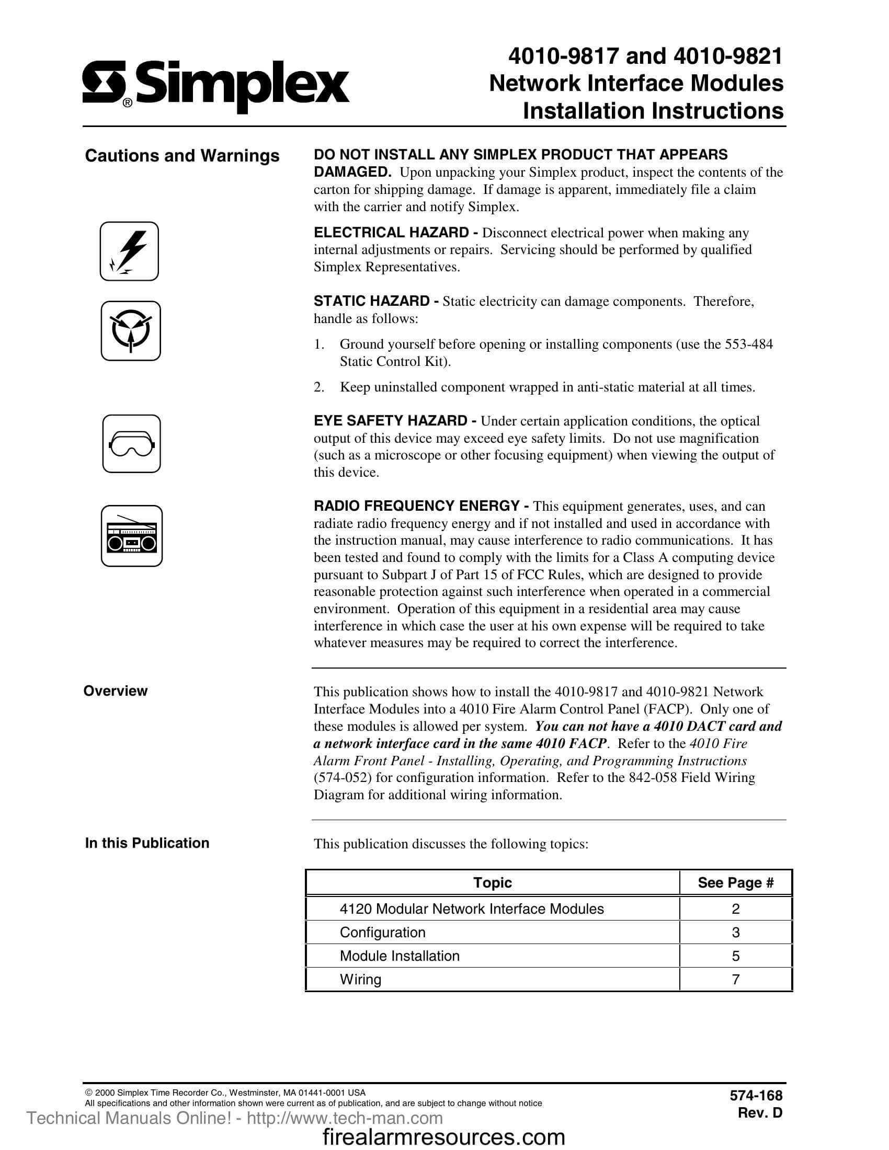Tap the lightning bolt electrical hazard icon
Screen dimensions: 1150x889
129,251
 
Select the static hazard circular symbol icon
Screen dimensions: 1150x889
131,331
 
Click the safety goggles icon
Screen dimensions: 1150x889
131,443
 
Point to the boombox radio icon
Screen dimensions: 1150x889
132,536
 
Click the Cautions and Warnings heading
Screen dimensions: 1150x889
182,156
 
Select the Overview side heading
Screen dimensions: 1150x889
116,691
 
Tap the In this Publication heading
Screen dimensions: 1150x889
147,843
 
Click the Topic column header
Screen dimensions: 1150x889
492,882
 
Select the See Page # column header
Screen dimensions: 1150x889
735,882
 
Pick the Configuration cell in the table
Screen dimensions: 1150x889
382,933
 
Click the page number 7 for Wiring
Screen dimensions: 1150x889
736,980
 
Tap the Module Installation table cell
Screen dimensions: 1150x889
399,956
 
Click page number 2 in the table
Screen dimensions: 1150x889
736,909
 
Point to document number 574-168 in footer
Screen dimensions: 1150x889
756,1095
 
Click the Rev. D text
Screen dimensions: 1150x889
760,1112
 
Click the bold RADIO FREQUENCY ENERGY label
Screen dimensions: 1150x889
416,506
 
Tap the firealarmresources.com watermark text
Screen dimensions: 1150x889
443,1136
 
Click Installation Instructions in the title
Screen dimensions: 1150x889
653,111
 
